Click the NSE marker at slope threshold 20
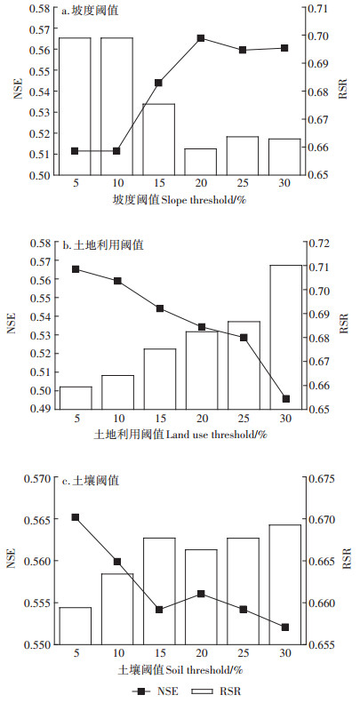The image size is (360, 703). click(x=201, y=38)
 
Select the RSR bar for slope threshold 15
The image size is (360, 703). click(x=159, y=140)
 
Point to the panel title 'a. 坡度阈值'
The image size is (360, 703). click(x=90, y=11)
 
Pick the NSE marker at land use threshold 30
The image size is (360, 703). click(x=285, y=398)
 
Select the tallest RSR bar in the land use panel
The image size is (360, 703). click(x=285, y=337)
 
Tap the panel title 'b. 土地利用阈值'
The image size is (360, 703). click(x=103, y=245)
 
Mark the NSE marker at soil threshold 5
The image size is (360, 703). click(x=76, y=517)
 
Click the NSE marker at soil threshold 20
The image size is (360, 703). click(x=201, y=594)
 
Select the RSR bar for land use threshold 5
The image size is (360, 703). click(x=76, y=397)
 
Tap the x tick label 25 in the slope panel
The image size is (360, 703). click(x=243, y=183)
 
